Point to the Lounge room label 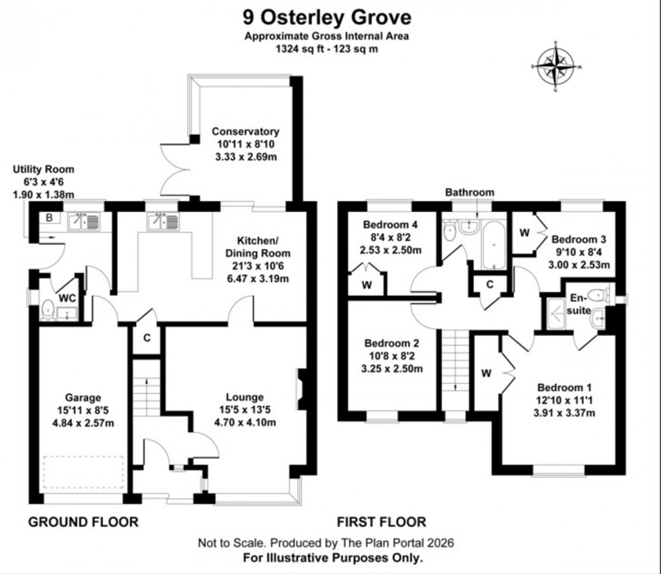[244, 397]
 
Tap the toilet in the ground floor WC [47, 311]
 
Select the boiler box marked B [50, 219]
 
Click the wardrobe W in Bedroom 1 [485, 374]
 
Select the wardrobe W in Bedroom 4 [367, 284]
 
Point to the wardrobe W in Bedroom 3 [524, 232]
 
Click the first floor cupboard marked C [489, 283]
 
